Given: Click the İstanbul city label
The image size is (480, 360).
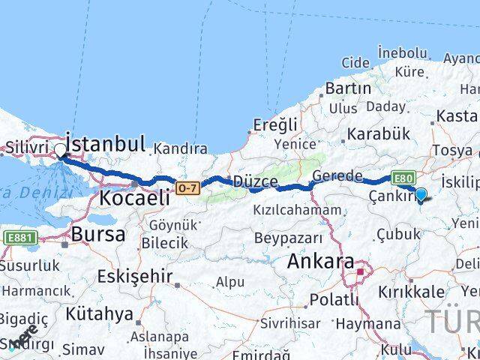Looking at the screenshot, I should point(105,142).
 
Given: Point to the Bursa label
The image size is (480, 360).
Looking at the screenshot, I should point(97,234).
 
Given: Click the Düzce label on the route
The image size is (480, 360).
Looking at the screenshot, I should point(255,182).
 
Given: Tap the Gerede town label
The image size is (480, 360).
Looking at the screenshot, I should point(337,176).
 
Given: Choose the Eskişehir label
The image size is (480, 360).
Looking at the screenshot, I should point(134,274).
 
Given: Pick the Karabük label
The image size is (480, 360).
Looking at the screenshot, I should point(378,134).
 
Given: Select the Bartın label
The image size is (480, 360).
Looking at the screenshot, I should point(348,88).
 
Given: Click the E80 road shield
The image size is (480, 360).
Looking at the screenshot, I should point(402,178).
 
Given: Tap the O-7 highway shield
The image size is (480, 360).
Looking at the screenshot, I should point(188,187).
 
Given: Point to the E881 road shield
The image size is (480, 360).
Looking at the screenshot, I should point(20,238).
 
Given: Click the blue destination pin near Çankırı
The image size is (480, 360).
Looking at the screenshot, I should point(421,195).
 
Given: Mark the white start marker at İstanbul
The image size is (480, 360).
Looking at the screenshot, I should point(60,150).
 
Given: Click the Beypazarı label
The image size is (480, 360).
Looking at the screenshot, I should point(289,238).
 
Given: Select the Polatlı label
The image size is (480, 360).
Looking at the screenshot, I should point(331,300).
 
